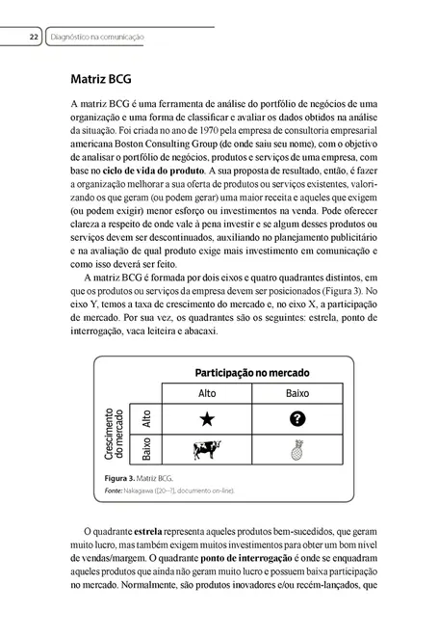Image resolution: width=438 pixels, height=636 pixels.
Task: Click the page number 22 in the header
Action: (x=34, y=38)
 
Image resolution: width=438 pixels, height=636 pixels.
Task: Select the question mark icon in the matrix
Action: (x=296, y=418)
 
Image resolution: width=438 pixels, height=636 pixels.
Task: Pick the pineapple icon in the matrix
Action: (x=296, y=450)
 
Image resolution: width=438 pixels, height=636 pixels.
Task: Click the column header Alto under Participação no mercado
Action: (x=206, y=392)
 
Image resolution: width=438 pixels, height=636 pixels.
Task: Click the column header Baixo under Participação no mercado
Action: (x=296, y=392)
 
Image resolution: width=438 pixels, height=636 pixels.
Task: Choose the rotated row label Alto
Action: (x=146, y=418)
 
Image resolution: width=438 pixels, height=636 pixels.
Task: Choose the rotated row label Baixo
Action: (x=146, y=449)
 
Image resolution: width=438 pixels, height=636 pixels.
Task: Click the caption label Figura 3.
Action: (x=124, y=478)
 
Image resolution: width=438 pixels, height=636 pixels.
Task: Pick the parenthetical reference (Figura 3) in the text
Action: (x=338, y=292)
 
